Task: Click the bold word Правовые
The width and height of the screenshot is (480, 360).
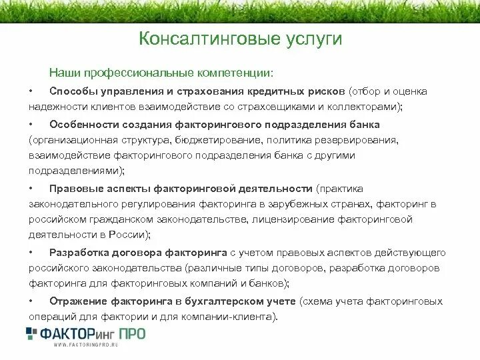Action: [74, 189]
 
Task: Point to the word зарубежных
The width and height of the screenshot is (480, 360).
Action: [305, 204]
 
